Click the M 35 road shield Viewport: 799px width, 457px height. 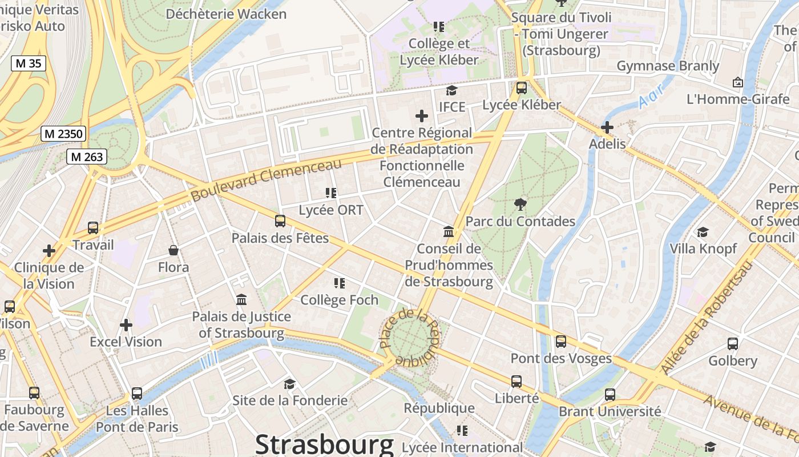pos(29,63)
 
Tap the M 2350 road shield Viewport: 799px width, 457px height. pos(64,134)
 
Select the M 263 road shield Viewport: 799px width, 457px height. pos(87,156)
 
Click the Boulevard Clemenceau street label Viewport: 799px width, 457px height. pos(266,179)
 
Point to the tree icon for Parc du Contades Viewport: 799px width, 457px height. pos(520,204)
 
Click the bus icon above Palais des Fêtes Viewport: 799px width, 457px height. pos(280,221)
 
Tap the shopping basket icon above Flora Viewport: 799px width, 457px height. pos(173,250)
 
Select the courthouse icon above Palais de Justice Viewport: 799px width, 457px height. pos(241,299)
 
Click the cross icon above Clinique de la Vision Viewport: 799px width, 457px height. pos(49,250)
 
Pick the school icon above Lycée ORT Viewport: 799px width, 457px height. pos(330,193)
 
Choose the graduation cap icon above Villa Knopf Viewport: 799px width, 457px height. pos(703,232)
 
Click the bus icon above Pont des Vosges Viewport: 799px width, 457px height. pos(561,342)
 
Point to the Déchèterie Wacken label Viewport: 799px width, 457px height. pos(226,14)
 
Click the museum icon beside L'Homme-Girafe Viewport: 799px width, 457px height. pos(737,82)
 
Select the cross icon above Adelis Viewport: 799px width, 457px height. pos(607,127)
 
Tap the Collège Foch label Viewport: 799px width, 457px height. pos(339,300)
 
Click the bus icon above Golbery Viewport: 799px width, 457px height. pos(733,344)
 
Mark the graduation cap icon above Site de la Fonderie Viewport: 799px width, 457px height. pos(290,384)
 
